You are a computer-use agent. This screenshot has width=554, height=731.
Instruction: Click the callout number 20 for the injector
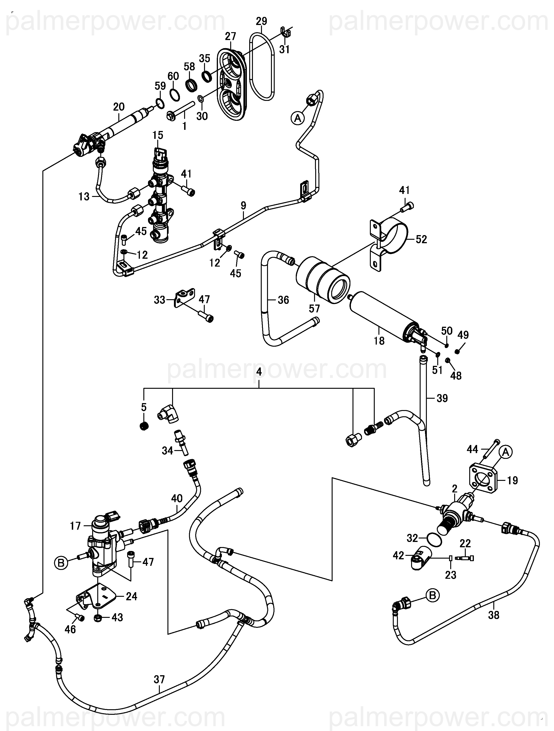(119, 107)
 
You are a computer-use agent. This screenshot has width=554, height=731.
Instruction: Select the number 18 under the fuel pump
(379, 340)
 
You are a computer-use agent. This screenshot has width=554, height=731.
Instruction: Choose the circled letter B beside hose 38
(432, 595)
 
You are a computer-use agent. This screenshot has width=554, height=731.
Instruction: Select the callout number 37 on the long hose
(159, 679)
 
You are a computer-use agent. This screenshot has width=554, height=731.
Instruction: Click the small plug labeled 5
(144, 426)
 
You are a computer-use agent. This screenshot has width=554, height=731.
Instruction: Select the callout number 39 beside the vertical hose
(442, 398)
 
